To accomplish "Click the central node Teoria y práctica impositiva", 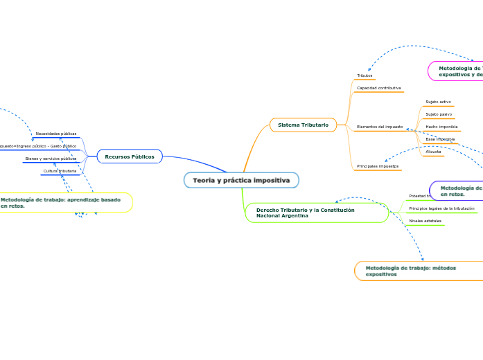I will [x=241, y=180].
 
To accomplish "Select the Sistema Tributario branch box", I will [x=303, y=125].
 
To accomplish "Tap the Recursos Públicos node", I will [x=130, y=156].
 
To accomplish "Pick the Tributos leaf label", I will [x=365, y=75].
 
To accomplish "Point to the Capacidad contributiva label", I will [x=378, y=89].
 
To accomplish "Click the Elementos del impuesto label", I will [x=379, y=127].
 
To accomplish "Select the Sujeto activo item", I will [x=438, y=102].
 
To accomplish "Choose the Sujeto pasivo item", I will [x=438, y=114].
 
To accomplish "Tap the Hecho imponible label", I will [x=441, y=127].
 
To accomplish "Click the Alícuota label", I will [x=433, y=151].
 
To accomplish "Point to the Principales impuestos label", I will [x=378, y=166].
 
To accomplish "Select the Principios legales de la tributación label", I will [x=441, y=208].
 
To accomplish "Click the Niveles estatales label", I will [x=425, y=221].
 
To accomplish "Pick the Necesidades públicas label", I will [x=56, y=134].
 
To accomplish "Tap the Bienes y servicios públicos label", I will [x=51, y=159].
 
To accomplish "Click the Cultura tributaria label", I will [x=60, y=170].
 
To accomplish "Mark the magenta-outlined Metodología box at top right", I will [x=456, y=71].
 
